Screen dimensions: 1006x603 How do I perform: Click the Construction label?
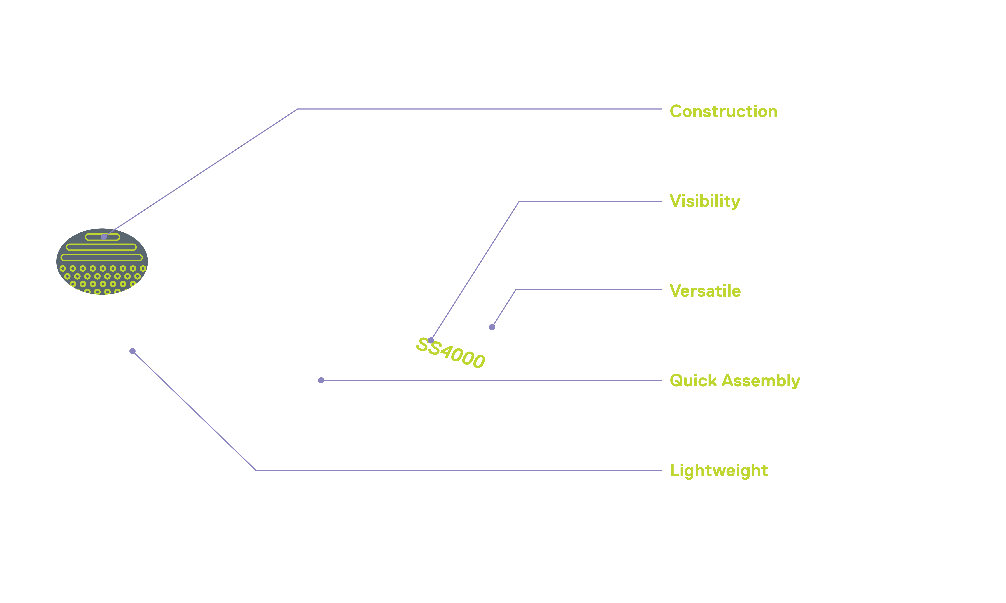[x=723, y=111]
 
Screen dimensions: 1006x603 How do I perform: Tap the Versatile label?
[x=705, y=291]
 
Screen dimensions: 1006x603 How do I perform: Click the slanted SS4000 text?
[x=450, y=352]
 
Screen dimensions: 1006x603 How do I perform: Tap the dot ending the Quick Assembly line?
[x=321, y=380]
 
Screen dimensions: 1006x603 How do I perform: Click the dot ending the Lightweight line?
[x=132, y=351]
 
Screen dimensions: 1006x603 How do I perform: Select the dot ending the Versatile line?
[x=492, y=327]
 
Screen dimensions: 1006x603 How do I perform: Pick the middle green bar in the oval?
[x=101, y=247]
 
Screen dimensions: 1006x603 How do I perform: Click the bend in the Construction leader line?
[x=298, y=109]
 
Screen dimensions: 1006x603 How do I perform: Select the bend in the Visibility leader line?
[x=519, y=201]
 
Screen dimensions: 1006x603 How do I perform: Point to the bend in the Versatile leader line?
[x=516, y=289]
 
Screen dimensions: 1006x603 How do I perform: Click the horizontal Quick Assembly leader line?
[x=492, y=380]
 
